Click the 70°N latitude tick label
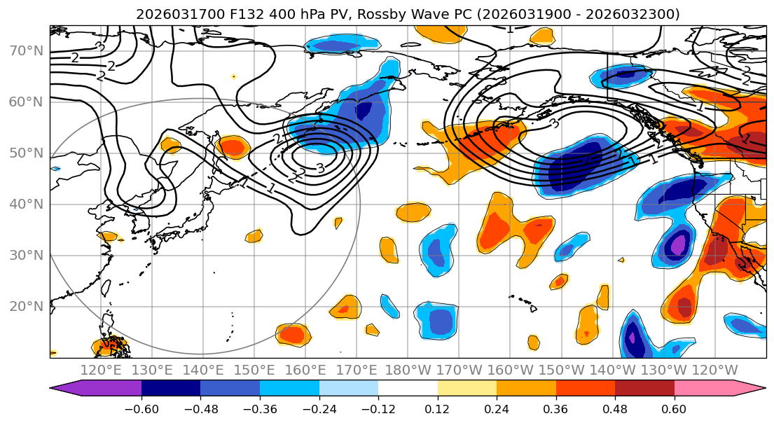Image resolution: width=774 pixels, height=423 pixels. (x=26, y=50)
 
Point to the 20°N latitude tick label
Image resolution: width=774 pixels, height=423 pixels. (x=26, y=306)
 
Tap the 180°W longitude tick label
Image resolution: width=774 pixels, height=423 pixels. (x=408, y=370)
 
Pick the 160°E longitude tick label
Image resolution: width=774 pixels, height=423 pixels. (x=305, y=370)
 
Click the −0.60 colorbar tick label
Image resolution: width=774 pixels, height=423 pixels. (x=141, y=408)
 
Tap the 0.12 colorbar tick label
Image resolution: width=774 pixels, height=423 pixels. (x=438, y=408)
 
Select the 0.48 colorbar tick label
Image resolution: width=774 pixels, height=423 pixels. (x=615, y=408)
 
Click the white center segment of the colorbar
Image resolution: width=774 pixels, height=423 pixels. (x=408, y=389)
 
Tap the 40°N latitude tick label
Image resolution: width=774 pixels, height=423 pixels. (x=26, y=204)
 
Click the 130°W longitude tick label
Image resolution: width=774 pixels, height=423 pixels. (x=663, y=370)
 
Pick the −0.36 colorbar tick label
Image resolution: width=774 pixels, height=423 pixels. (x=260, y=408)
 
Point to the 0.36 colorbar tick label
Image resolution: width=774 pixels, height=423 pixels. (x=556, y=408)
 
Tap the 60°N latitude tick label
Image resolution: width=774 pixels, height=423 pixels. (x=26, y=102)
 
